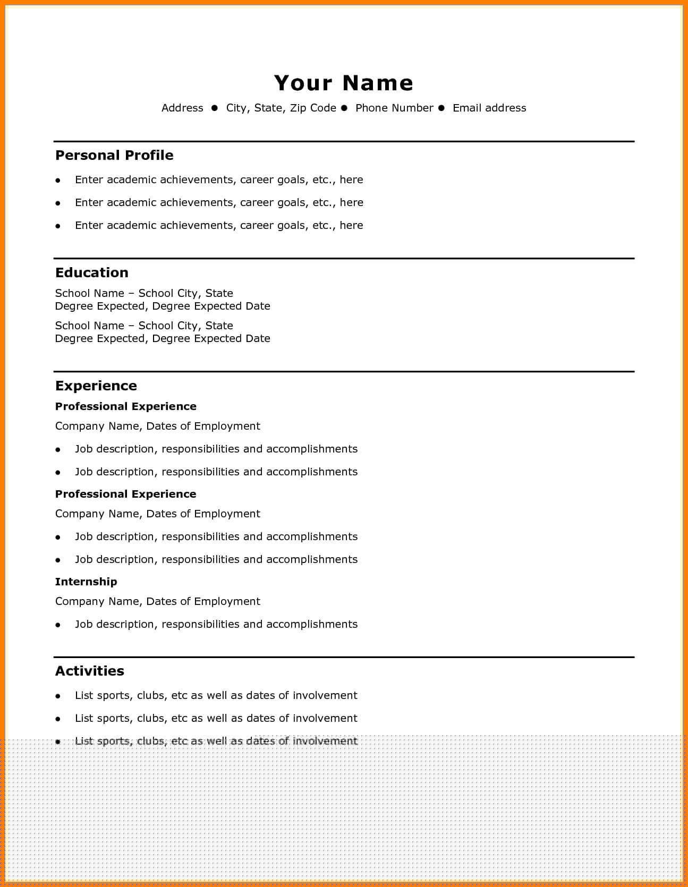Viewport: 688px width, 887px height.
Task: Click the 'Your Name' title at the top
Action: [x=344, y=83]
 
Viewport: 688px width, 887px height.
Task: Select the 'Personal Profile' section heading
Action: [x=114, y=155]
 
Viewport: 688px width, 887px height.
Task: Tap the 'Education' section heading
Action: [x=92, y=272]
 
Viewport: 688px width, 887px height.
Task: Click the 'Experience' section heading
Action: [x=96, y=386]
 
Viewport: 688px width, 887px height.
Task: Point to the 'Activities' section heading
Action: [x=90, y=671]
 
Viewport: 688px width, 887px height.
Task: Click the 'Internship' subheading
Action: [x=86, y=582]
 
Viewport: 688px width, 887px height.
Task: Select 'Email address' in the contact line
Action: [x=489, y=108]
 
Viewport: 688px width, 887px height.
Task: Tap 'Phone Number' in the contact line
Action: [x=394, y=108]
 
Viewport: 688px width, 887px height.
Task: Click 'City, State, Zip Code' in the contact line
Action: [x=281, y=108]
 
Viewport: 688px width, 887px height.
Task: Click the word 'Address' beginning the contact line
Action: [x=182, y=108]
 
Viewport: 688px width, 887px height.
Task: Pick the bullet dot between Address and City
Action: [x=215, y=108]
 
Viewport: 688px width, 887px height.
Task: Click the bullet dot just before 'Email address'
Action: [x=441, y=108]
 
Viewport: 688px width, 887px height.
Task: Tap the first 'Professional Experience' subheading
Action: [x=126, y=406]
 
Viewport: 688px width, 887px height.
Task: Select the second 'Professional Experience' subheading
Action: [x=126, y=494]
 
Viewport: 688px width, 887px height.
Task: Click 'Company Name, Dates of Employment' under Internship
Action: [x=158, y=601]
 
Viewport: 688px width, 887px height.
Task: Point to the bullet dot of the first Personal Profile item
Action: [x=58, y=180]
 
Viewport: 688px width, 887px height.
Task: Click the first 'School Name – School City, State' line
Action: [x=144, y=293]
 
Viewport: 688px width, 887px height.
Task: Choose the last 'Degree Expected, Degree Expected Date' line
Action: [x=163, y=338]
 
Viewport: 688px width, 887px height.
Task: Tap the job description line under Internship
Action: [x=216, y=624]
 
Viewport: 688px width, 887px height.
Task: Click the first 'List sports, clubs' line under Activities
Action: [x=216, y=695]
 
